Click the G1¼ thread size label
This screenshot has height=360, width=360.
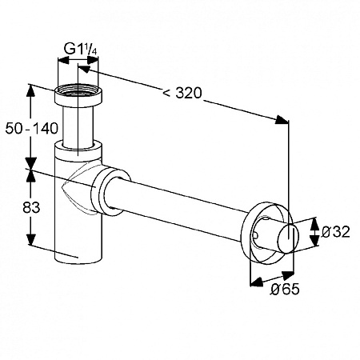tap(80, 49)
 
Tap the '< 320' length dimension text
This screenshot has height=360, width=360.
tap(182, 93)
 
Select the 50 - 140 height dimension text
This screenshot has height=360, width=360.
tap(31, 129)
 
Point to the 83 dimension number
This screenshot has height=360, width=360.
tap(31, 207)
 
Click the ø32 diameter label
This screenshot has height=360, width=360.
tap(335, 231)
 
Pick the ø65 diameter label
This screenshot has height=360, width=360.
tap(285, 289)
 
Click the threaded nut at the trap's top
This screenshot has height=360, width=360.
tap(78, 96)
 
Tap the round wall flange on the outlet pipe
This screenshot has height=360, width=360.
tap(266, 233)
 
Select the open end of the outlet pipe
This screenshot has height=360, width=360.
tap(289, 239)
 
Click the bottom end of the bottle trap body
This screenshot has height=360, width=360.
tap(78, 258)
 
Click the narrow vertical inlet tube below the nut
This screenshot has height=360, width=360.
tap(78, 126)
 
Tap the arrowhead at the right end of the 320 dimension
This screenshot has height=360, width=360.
tap(282, 120)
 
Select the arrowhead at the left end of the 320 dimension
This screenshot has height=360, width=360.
tap(84, 69)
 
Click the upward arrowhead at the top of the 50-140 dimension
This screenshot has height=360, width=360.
tap(31, 90)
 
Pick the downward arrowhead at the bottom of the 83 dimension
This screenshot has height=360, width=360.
tap(31, 239)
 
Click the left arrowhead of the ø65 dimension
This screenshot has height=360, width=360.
tap(256, 282)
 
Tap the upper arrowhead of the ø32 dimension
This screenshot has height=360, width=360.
tap(315, 225)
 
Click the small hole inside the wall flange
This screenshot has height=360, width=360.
tap(255, 235)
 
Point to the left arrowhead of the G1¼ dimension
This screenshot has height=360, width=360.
tap(63, 61)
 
